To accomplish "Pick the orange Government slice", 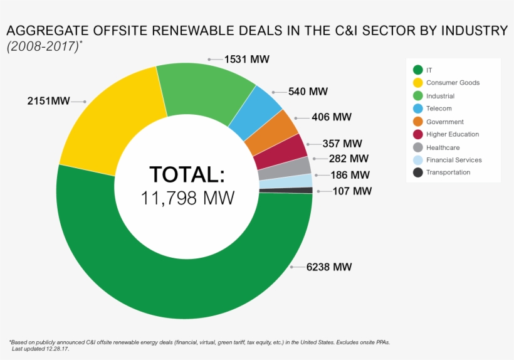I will click(x=271, y=133).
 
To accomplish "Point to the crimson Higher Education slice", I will click(x=281, y=151).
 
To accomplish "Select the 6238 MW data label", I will click(x=329, y=267).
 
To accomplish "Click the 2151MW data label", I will click(x=48, y=100).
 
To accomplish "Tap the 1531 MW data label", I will click(x=247, y=60).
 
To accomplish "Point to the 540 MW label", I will click(x=308, y=92).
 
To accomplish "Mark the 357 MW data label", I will click(x=342, y=144).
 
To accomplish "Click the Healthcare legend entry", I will click(x=443, y=147).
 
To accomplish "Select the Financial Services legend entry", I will click(x=453, y=160).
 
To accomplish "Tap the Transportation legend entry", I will click(x=448, y=172).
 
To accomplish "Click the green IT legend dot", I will click(x=417, y=70).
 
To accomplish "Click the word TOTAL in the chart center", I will click(x=186, y=174).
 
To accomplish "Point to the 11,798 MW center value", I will click(x=187, y=198).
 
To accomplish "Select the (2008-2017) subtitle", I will click(x=42, y=46).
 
